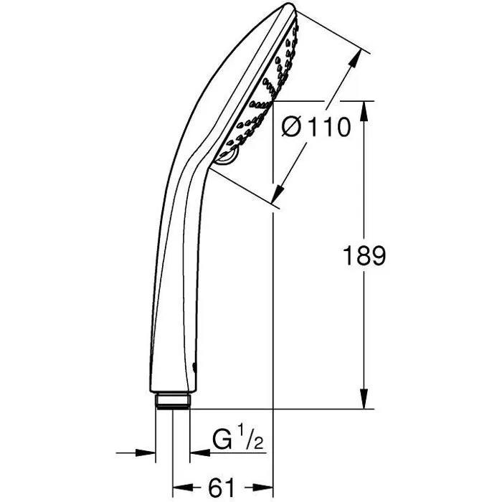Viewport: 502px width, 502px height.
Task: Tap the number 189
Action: tap(364, 256)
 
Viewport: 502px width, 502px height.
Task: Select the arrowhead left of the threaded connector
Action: tap(148, 453)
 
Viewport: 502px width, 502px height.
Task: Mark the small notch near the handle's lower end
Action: tap(198, 366)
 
